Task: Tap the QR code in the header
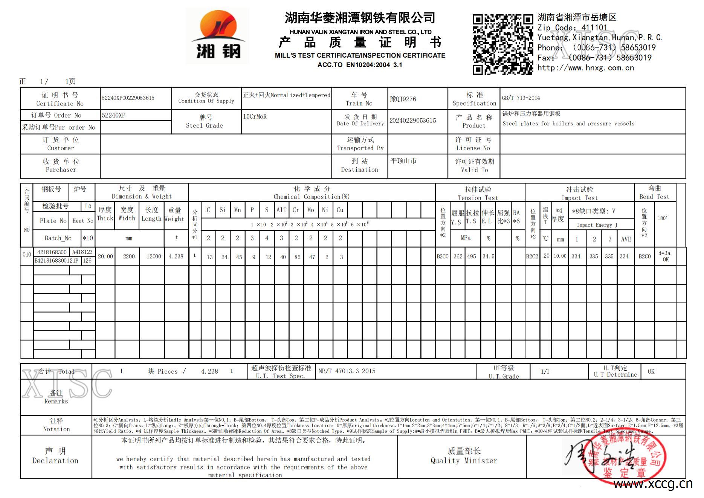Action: tap(503, 44)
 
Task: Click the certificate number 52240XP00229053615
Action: tap(128, 98)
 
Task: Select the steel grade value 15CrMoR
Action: tap(255, 116)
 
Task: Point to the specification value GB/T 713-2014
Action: tap(521, 98)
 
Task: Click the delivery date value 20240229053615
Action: tap(412, 121)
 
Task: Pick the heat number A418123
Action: tap(82, 252)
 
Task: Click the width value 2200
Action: tap(128, 257)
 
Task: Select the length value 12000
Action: tap(154, 257)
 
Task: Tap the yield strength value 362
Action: tap(458, 257)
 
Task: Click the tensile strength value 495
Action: tap(472, 257)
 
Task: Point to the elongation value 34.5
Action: tap(488, 257)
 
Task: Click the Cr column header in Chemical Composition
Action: tap(296, 210)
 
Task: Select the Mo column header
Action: tap(311, 210)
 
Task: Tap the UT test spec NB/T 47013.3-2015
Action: tap(347, 371)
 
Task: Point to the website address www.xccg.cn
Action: tap(652, 484)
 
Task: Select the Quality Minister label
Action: tap(464, 456)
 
